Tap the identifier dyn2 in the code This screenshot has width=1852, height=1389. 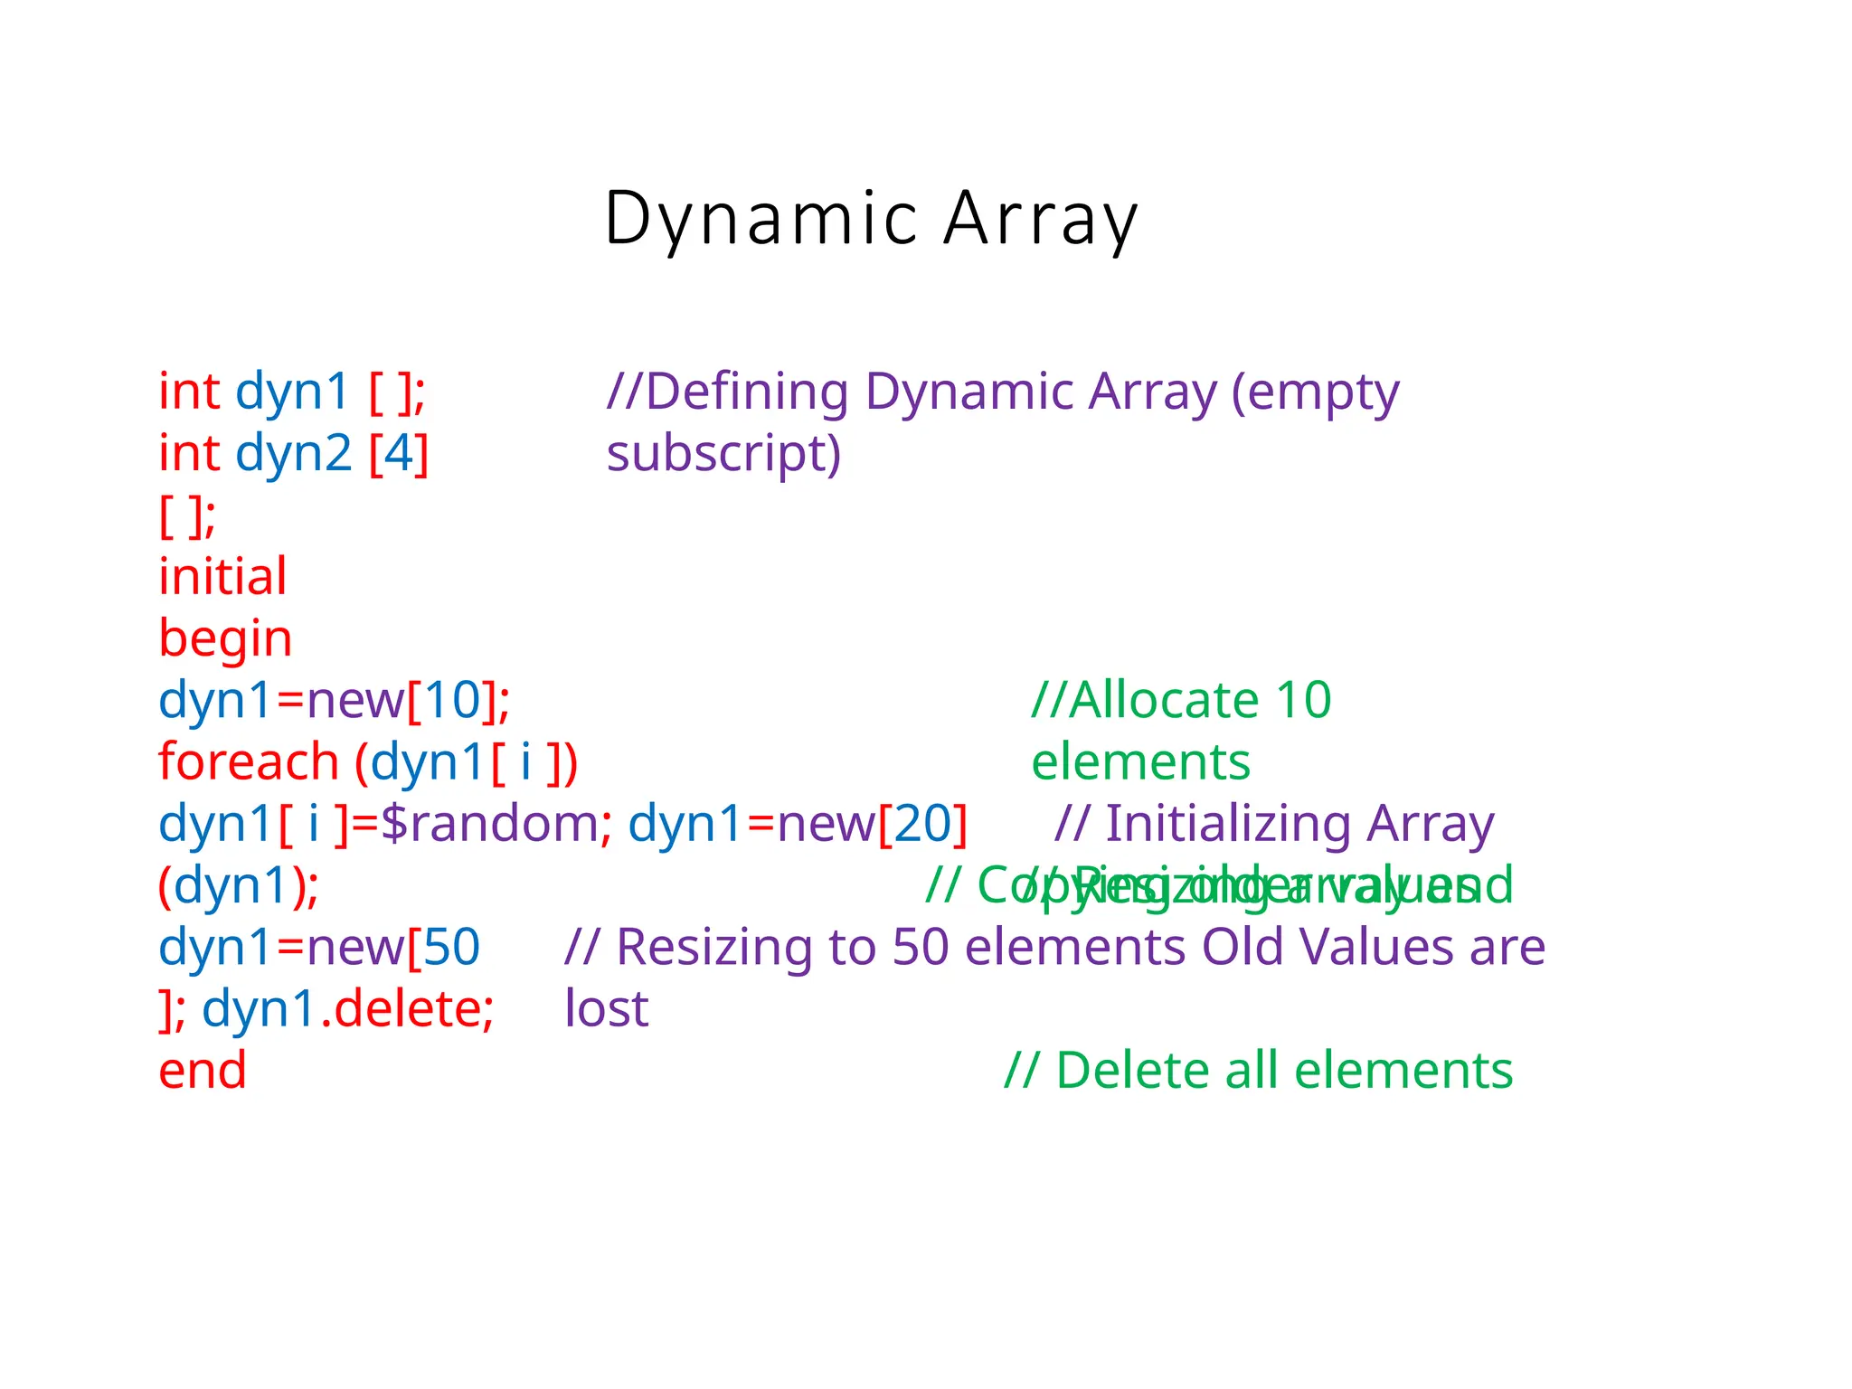293,453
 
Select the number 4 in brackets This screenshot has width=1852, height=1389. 399,453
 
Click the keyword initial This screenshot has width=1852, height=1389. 222,576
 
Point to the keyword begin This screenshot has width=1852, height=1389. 225,638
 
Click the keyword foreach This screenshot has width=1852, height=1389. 249,761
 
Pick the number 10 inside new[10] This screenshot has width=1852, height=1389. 452,700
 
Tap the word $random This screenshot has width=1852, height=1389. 488,824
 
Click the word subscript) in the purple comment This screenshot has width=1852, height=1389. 723,453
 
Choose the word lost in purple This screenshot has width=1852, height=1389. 606,1008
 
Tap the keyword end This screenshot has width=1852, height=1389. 202,1071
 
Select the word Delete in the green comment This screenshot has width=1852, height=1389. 1133,1071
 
